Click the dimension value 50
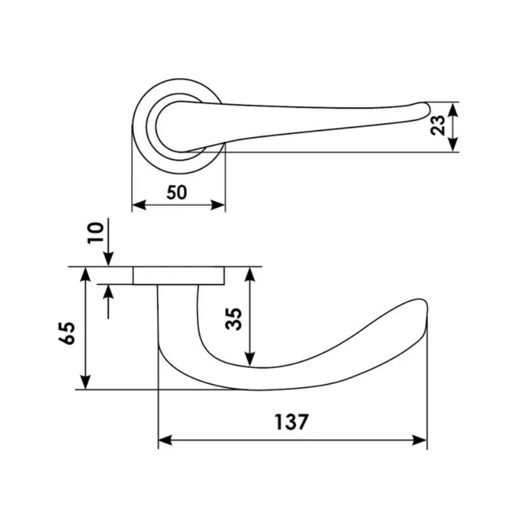click(x=177, y=192)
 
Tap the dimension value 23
click(x=437, y=125)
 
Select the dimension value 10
click(x=95, y=233)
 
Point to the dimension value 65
click(x=67, y=333)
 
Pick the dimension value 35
click(x=234, y=318)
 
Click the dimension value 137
click(x=291, y=422)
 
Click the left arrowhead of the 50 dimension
click(x=139, y=205)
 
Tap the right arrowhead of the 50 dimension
click(x=218, y=205)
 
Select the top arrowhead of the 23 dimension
click(x=454, y=109)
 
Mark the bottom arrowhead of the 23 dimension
click(x=454, y=144)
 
